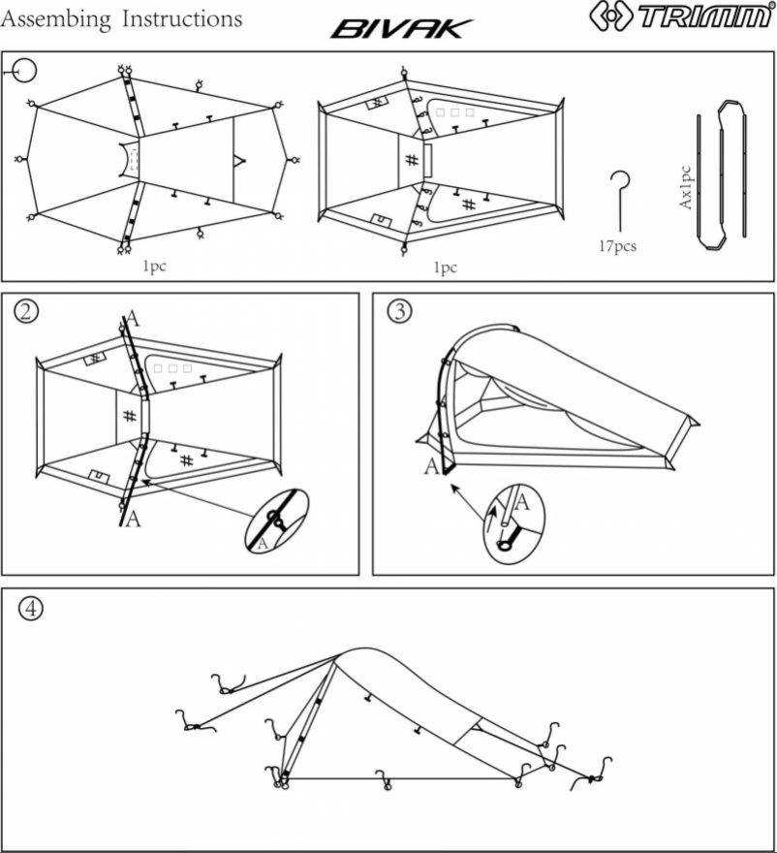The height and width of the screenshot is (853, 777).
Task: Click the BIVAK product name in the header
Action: pyautogui.click(x=401, y=29)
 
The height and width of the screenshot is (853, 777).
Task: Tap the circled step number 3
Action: pyautogui.click(x=399, y=310)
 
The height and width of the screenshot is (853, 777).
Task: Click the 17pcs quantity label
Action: pyautogui.click(x=617, y=246)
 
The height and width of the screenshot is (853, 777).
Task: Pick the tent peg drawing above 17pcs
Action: pyautogui.click(x=619, y=199)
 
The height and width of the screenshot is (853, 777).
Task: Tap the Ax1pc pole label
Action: pyautogui.click(x=685, y=188)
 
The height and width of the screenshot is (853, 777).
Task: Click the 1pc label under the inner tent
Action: pyautogui.click(x=443, y=268)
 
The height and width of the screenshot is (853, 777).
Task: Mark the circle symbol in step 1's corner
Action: pyautogui.click(x=24, y=70)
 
